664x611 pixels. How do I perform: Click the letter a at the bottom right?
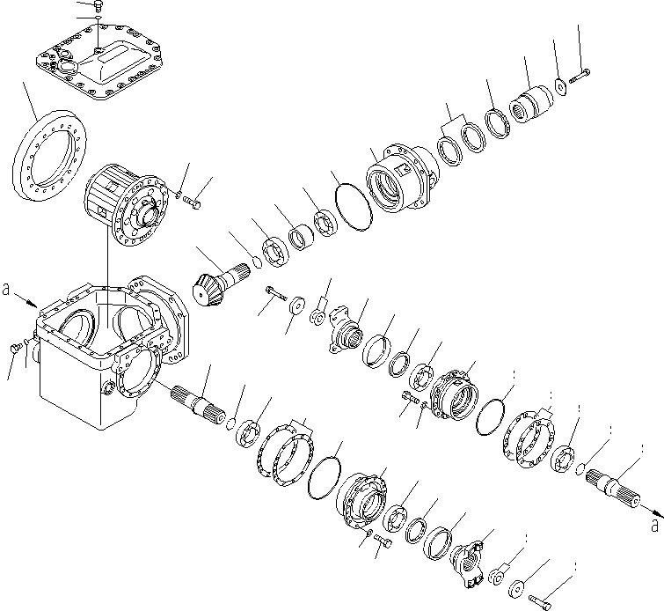pos(653,526)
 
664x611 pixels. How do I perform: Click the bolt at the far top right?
pos(580,78)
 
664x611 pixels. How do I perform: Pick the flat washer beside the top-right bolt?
pos(560,87)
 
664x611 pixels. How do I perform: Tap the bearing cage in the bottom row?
pos(362,501)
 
